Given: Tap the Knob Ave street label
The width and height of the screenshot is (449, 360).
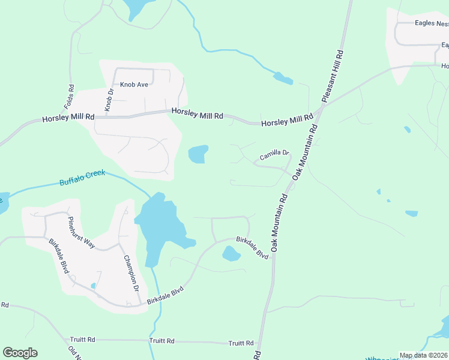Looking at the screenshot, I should pyautogui.click(x=134, y=85).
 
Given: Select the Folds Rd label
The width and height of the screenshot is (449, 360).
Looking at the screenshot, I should pyautogui.click(x=69, y=97).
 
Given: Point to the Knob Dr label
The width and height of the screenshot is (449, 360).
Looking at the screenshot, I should pyautogui.click(x=109, y=99).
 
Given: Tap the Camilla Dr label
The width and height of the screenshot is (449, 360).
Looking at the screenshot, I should pyautogui.click(x=274, y=156).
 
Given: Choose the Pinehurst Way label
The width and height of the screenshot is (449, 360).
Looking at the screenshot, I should pyautogui.click(x=81, y=232).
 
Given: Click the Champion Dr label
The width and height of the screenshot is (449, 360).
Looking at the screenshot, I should pyautogui.click(x=131, y=274).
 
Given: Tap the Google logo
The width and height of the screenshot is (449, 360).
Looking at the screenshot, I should pyautogui.click(x=20, y=353).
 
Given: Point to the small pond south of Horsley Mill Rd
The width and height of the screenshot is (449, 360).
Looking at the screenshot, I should pyautogui.click(x=198, y=154).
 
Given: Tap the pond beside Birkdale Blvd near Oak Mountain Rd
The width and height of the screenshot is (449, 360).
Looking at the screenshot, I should pyautogui.click(x=231, y=254).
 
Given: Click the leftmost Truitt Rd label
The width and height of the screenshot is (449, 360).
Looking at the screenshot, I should pyautogui.click(x=82, y=340).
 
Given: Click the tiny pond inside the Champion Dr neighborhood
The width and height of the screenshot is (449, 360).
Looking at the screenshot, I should pyautogui.click(x=93, y=286).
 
